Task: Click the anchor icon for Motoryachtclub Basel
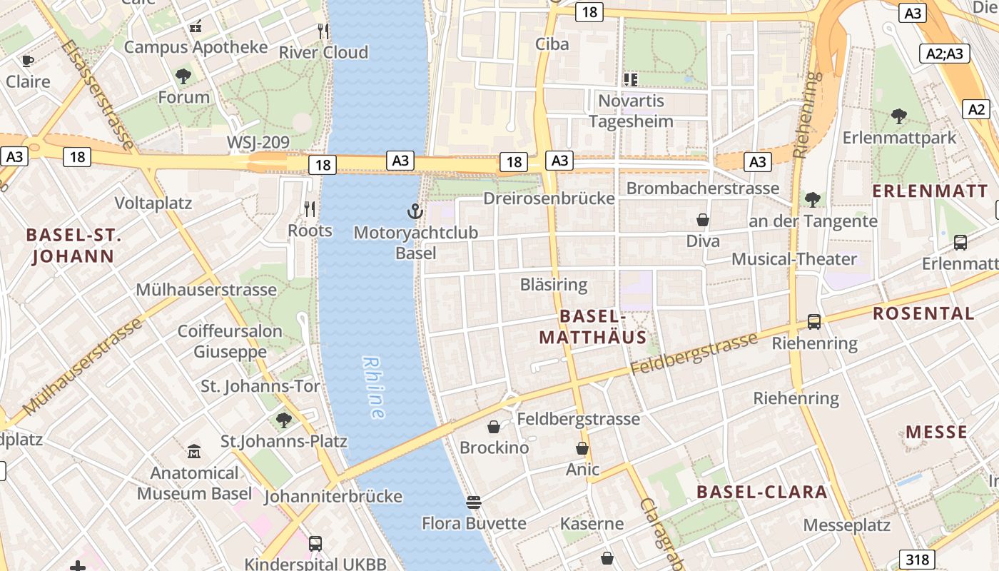(x=415, y=211)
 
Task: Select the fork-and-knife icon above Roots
(x=310, y=208)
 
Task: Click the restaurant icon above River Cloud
(x=324, y=31)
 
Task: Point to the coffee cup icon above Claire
(x=28, y=61)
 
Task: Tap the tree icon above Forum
(x=183, y=76)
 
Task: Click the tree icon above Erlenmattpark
(x=899, y=116)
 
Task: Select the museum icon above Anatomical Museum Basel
(x=194, y=451)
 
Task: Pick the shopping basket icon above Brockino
(x=494, y=427)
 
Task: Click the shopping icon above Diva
(x=703, y=220)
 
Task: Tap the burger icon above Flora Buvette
(x=473, y=502)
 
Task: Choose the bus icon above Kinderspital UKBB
(x=315, y=543)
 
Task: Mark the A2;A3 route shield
(x=944, y=54)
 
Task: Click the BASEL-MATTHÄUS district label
(x=592, y=327)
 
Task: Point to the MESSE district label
(x=936, y=432)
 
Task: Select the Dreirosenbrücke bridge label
(x=549, y=198)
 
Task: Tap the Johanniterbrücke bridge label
(x=333, y=496)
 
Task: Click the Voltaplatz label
(x=153, y=203)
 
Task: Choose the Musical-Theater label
(x=793, y=258)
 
